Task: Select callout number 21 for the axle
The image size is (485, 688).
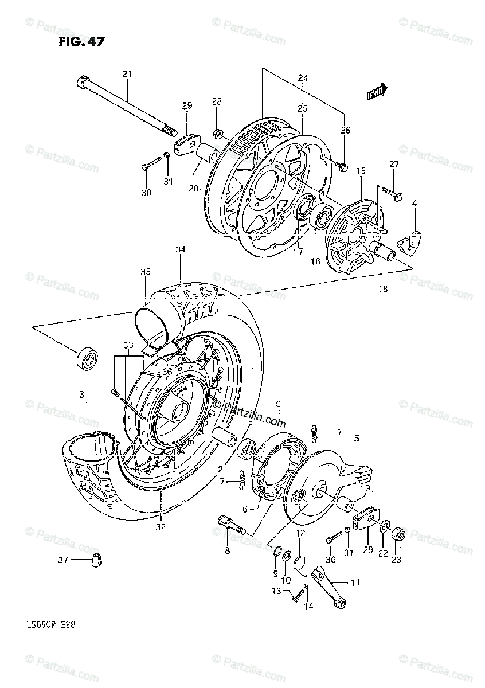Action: point(127,73)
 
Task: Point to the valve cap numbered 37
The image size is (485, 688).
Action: point(95,560)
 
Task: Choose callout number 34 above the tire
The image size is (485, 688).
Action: point(181,249)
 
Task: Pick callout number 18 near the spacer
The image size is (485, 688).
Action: point(382,289)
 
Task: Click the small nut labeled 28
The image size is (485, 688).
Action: point(218,134)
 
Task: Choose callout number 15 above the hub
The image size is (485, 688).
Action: point(361,171)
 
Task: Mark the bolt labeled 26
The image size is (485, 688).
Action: point(343,167)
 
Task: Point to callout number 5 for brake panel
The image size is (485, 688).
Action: point(356,438)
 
